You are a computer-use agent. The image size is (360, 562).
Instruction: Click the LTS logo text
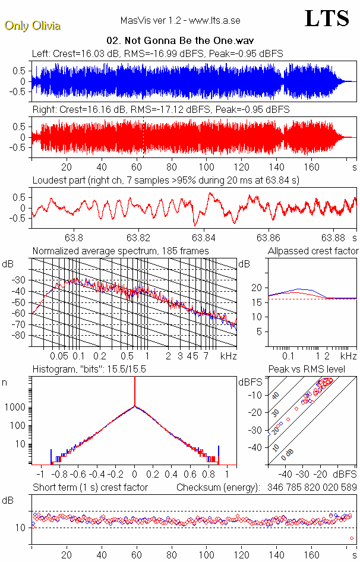click(x=326, y=18)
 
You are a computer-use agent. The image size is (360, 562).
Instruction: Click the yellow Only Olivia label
click(x=32, y=26)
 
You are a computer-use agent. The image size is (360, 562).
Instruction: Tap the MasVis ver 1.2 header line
click(x=180, y=21)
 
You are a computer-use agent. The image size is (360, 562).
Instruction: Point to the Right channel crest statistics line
click(x=161, y=110)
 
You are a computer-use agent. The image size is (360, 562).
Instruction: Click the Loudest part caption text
click(x=166, y=180)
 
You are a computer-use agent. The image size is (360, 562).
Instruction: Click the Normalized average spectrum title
click(x=121, y=251)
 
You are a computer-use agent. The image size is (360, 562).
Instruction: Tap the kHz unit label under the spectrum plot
click(x=228, y=356)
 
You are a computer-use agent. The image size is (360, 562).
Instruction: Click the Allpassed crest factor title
click(x=313, y=251)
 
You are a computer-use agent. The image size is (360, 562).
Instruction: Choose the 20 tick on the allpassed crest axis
click(x=257, y=288)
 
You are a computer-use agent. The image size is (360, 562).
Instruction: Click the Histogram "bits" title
click(x=89, y=369)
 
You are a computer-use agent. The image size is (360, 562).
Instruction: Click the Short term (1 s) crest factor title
click(x=90, y=488)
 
